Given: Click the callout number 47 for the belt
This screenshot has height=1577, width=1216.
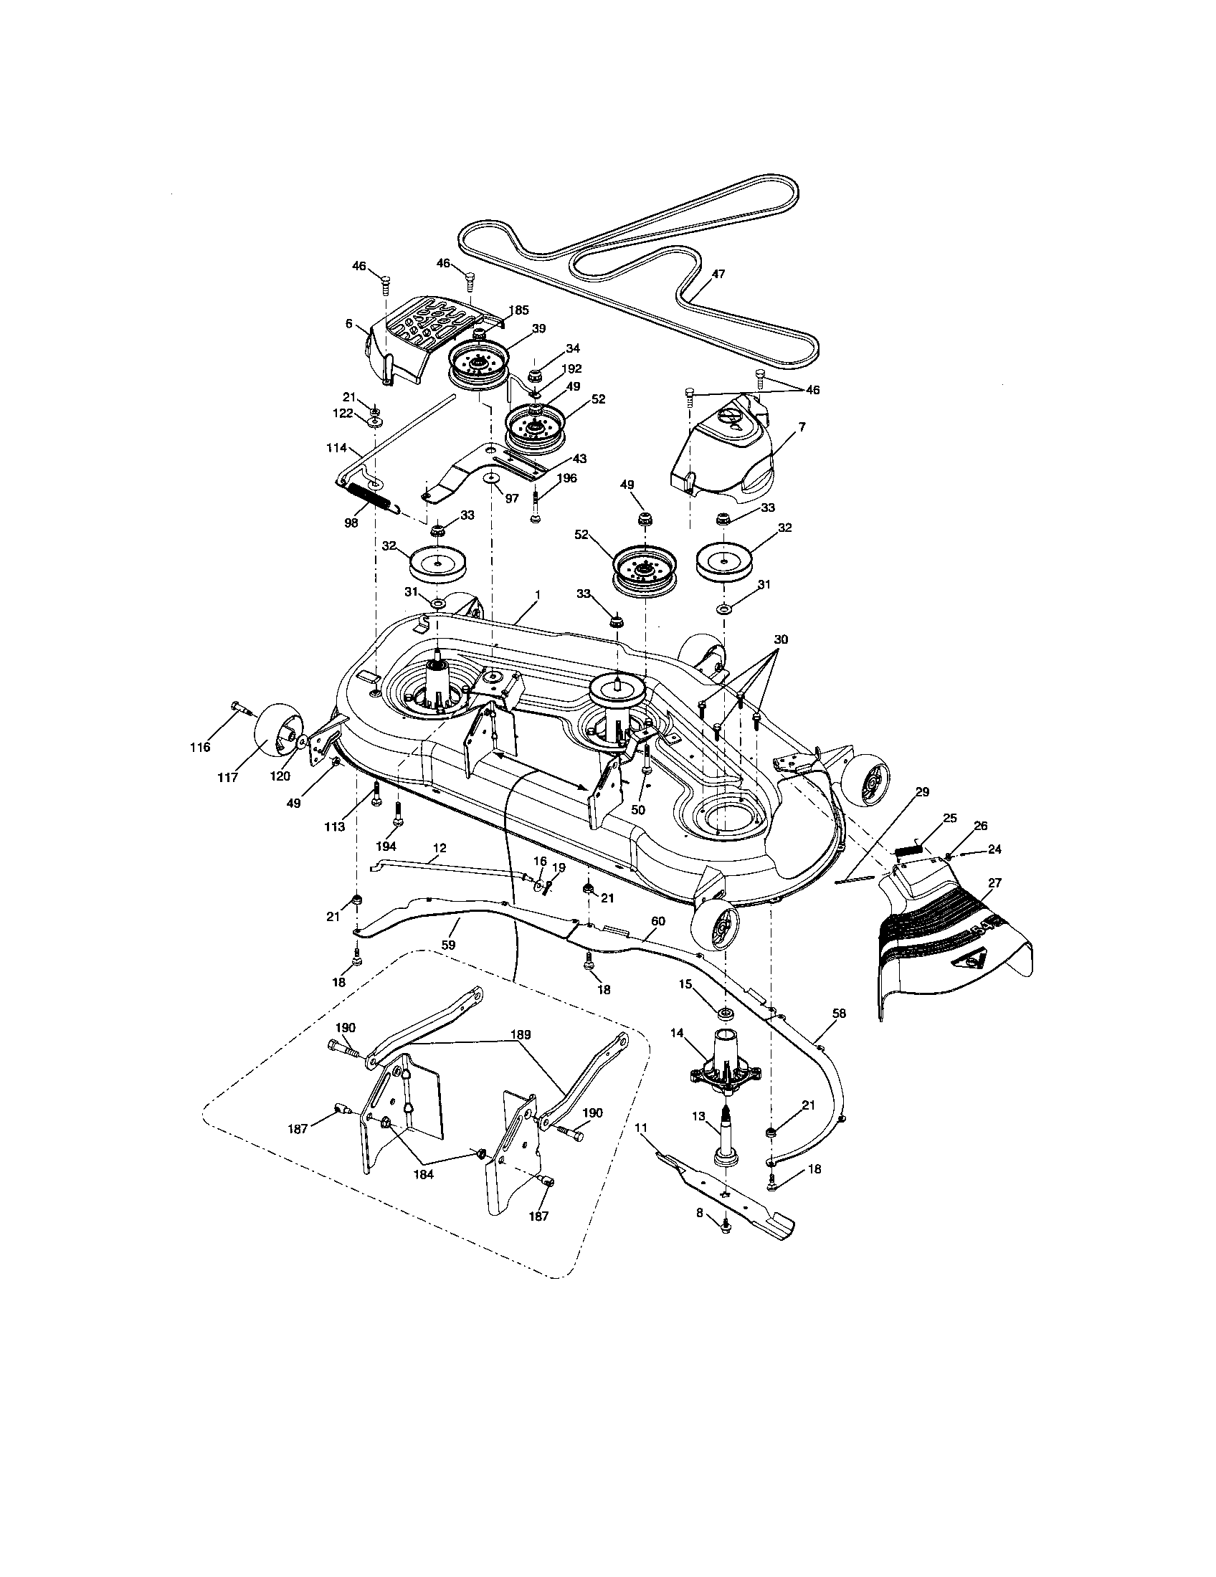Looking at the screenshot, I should [x=718, y=275].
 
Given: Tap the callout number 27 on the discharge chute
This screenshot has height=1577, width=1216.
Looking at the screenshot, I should [x=994, y=882].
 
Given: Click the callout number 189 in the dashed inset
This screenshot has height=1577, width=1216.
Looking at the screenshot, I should [x=521, y=1034].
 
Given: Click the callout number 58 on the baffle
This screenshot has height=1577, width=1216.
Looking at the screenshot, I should [x=839, y=1014].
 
